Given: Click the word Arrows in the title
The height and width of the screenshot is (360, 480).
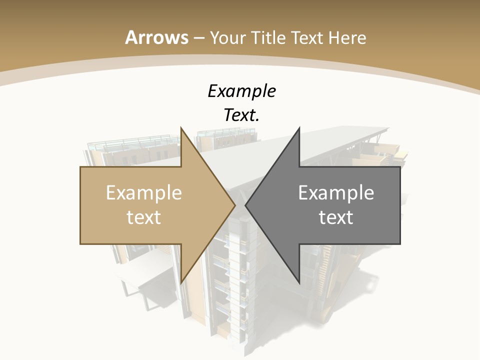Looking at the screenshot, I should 157,37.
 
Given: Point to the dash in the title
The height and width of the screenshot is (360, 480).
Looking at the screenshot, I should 198,38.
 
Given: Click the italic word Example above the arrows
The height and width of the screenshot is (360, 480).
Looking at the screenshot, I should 242,91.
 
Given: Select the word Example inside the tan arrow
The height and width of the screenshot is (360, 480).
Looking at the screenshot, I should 144,192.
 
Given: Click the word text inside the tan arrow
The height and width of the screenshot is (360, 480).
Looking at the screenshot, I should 144,217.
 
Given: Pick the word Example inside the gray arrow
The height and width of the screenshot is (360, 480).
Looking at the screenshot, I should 336,192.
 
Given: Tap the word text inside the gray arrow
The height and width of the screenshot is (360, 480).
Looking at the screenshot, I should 336,217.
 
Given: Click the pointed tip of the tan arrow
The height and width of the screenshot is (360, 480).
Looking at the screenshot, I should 234,205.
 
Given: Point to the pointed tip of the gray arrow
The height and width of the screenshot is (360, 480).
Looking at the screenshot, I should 246,205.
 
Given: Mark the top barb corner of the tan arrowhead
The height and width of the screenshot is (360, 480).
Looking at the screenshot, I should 181,128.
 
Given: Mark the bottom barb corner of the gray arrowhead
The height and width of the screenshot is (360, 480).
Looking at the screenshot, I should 299,282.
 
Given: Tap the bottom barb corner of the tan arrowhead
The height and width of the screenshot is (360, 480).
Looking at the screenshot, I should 181,282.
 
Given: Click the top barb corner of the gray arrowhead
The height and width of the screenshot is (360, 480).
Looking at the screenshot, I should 299,128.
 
